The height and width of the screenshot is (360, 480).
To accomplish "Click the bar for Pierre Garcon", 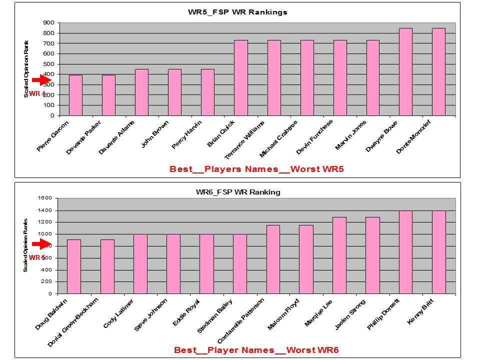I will [75, 95].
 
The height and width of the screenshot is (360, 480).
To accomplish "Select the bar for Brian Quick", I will [241, 77].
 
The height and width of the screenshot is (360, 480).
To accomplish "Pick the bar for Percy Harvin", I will [207, 92].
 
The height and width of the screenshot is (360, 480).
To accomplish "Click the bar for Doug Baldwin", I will [74, 266].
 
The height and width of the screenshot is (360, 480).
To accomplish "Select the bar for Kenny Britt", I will [438, 252].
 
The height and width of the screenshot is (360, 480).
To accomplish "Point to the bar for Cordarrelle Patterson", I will [273, 259].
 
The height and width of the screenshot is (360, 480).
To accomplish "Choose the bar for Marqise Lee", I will [339, 255].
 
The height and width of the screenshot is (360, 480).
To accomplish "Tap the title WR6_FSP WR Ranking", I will [238, 192].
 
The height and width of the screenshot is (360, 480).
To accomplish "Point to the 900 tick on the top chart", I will [48, 22].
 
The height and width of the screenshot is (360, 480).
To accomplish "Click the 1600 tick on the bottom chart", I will [45, 198].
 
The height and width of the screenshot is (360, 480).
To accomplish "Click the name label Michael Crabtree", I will [278, 138].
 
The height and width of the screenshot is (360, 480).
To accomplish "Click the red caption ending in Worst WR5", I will [256, 169].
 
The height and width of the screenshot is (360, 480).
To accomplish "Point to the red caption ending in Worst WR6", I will [256, 350].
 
